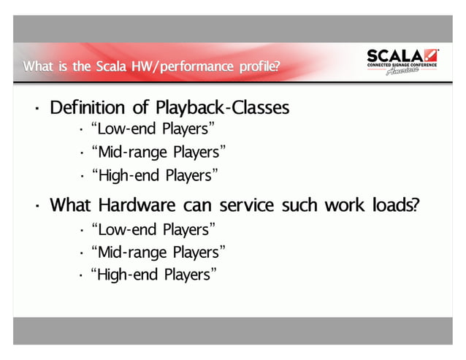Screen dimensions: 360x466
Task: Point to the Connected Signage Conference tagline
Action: (x=402, y=66)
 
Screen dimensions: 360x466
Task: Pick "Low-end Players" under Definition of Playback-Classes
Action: (x=152, y=129)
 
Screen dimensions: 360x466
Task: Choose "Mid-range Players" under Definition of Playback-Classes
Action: (x=157, y=152)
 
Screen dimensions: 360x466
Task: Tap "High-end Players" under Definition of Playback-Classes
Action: (x=154, y=175)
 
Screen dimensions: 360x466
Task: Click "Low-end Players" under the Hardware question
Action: (x=152, y=229)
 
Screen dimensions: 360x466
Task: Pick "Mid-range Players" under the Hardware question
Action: (x=157, y=253)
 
